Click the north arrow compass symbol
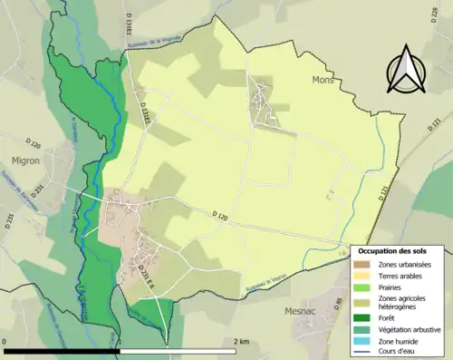(405, 70)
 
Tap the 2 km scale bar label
(241, 342)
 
